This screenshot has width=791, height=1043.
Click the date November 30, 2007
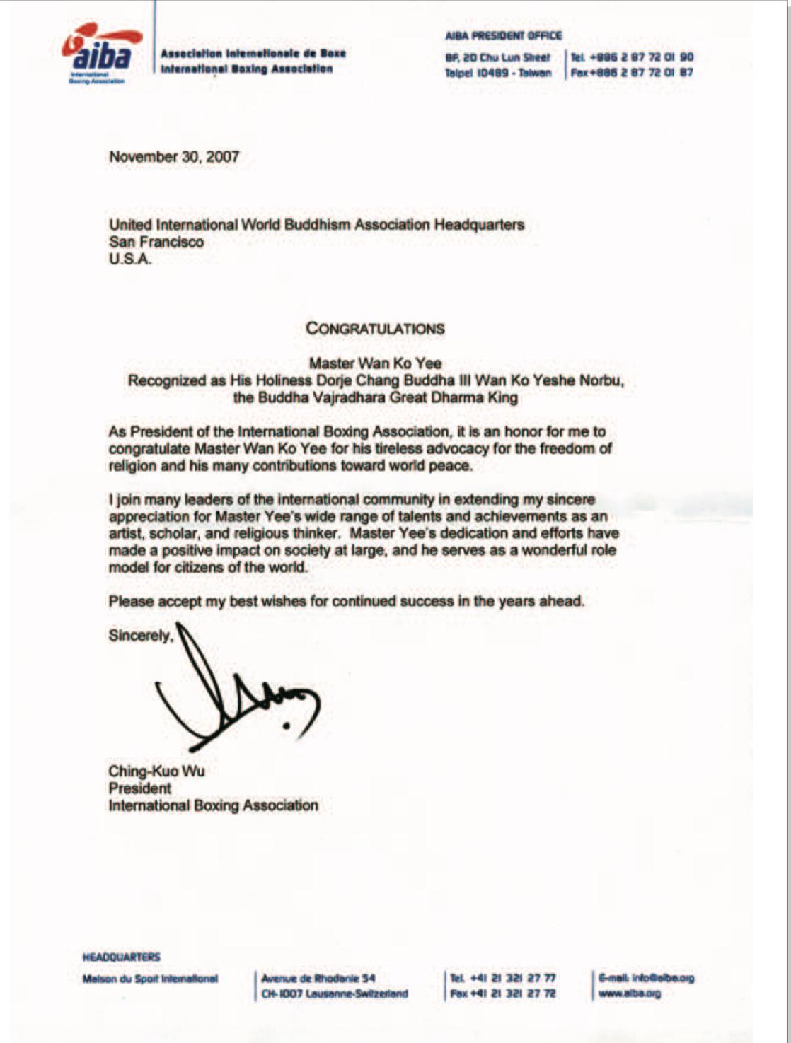pyautogui.click(x=174, y=157)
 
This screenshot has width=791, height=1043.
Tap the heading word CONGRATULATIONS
pyautogui.click(x=375, y=329)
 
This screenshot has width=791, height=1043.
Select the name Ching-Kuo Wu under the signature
pyautogui.click(x=156, y=771)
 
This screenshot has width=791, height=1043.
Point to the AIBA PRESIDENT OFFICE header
pyautogui.click(x=503, y=35)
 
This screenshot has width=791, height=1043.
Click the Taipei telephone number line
pyautogui.click(x=632, y=57)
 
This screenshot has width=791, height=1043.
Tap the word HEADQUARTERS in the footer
pyautogui.click(x=122, y=957)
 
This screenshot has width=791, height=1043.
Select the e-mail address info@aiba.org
pyautogui.click(x=646, y=978)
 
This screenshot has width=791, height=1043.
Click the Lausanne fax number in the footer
pyautogui.click(x=502, y=994)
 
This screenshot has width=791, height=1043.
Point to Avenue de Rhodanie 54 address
pyautogui.click(x=318, y=979)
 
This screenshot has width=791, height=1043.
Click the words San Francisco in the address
pyautogui.click(x=156, y=242)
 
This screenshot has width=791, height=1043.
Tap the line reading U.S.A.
pyautogui.click(x=131, y=259)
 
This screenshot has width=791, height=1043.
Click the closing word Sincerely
pyautogui.click(x=140, y=636)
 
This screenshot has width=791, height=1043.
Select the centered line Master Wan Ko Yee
pyautogui.click(x=375, y=363)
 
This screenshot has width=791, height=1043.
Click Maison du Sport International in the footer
pyautogui.click(x=150, y=979)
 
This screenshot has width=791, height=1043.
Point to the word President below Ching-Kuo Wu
pyautogui.click(x=139, y=788)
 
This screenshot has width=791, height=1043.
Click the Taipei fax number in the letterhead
pyautogui.click(x=632, y=72)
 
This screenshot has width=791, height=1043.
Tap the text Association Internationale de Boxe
pyautogui.click(x=253, y=54)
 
